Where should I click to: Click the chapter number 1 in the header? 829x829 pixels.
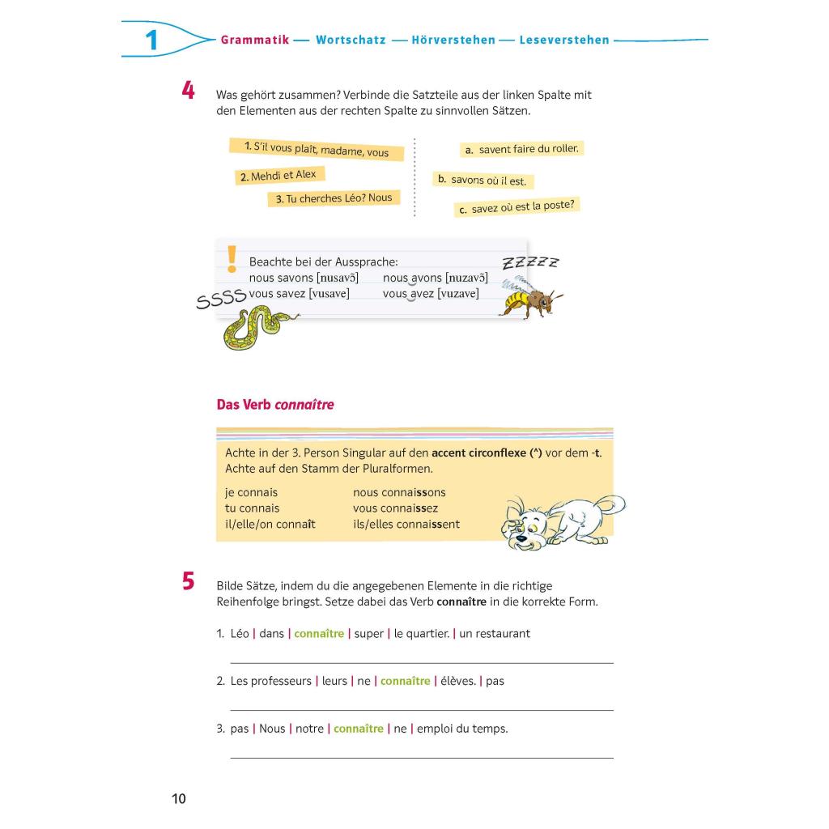pos(151,40)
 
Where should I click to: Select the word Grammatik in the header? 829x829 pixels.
pos(254,40)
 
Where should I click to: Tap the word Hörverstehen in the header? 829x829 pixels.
pos(453,40)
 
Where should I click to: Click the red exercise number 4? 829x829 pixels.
pos(188,90)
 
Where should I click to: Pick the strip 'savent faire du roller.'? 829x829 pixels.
pos(522,149)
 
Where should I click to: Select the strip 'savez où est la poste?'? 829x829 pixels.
pos(517,207)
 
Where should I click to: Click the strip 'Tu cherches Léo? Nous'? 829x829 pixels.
pos(334,198)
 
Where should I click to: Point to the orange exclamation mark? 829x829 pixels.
pos(232,258)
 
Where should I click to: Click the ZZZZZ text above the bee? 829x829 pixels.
pos(530,262)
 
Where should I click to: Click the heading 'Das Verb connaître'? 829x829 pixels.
pos(275,405)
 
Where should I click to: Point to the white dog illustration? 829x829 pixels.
pos(562,521)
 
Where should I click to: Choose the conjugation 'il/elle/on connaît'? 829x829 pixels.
pos(270,524)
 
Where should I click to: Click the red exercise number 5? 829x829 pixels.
pos(188,581)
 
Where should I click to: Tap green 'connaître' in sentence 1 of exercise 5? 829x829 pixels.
pos(319,634)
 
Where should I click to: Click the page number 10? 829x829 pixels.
pos(179,799)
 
